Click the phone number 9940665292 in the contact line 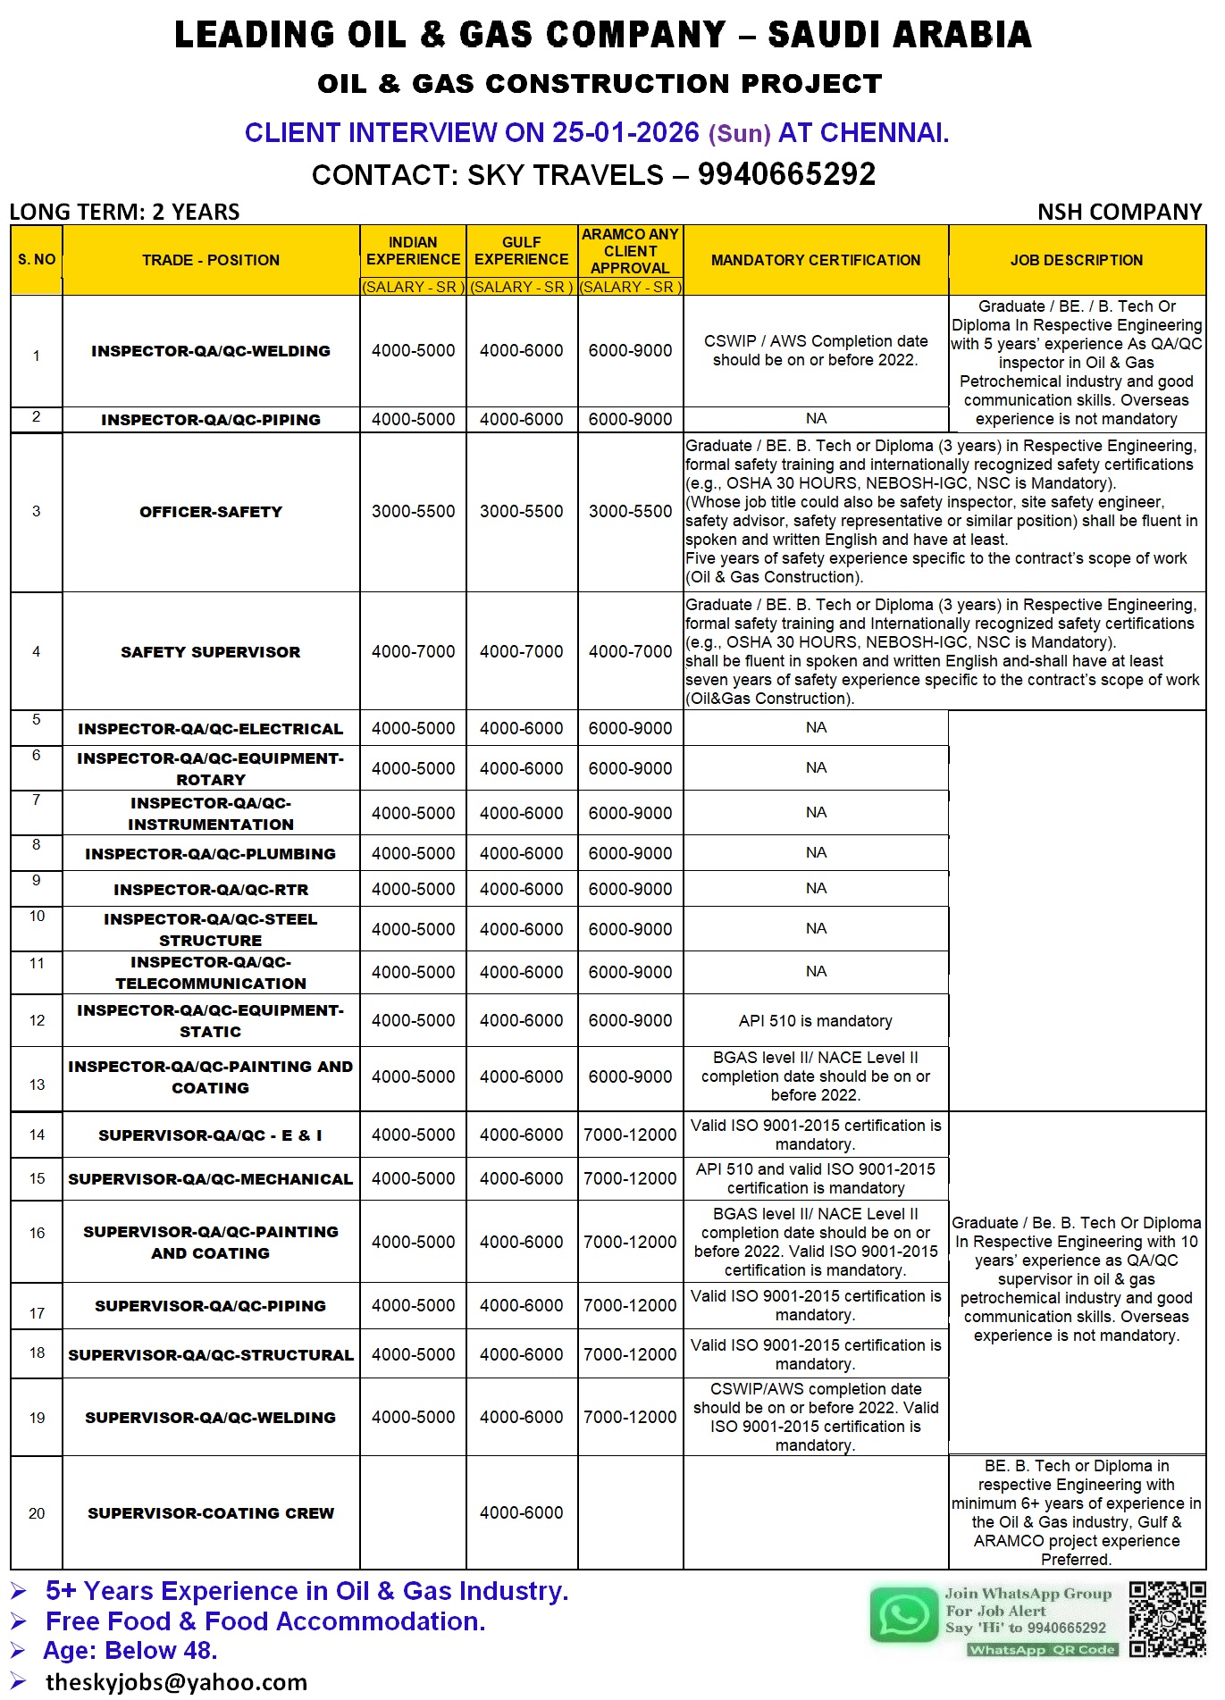[786, 174]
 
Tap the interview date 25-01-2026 [625, 133]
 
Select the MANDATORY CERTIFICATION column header [815, 260]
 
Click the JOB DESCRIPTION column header [1076, 260]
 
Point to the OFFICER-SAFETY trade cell [211, 512]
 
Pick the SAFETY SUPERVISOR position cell [211, 652]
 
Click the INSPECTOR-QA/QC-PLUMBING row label [211, 854]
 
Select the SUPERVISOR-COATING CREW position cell [211, 1513]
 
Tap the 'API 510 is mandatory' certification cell [815, 1021]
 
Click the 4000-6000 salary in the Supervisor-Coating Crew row [521, 1513]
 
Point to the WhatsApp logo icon [903, 1616]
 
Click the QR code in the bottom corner [1167, 1620]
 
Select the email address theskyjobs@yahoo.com [176, 1682]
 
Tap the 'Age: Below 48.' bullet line [130, 1651]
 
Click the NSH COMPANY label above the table [1119, 212]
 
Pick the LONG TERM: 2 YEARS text [125, 212]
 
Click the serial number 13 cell [37, 1084]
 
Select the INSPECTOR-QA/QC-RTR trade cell [211, 890]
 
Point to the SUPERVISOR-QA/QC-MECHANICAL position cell [211, 1179]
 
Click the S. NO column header [37, 260]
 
